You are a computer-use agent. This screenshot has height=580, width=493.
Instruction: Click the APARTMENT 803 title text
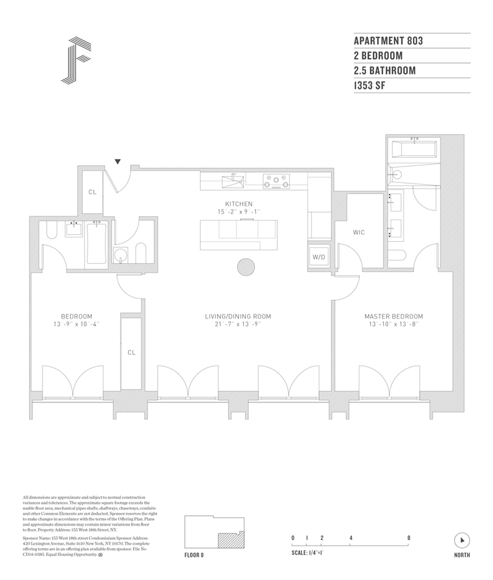pyautogui.click(x=388, y=41)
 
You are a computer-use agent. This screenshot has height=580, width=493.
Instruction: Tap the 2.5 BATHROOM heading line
pyautogui.click(x=385, y=71)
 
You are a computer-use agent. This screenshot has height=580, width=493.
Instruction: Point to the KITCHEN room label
pyautogui.click(x=238, y=204)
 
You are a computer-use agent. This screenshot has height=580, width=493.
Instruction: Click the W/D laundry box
pyautogui.click(x=319, y=256)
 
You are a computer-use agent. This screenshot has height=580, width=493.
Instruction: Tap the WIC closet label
pyautogui.click(x=359, y=233)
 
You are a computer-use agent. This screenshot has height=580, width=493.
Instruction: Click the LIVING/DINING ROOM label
pyautogui.click(x=238, y=317)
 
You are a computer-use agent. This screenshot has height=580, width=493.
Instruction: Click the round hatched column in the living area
pyautogui.click(x=246, y=268)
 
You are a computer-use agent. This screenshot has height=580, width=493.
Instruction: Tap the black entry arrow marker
pyautogui.click(x=118, y=162)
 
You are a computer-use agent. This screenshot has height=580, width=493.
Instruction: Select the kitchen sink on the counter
pyautogui.click(x=232, y=180)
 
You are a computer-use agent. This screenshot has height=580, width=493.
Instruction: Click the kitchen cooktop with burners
pyautogui.click(x=277, y=180)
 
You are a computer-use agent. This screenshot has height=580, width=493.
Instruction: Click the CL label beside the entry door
pyautogui.click(x=92, y=192)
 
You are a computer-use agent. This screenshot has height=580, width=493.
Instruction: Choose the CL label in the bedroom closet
pyautogui.click(x=131, y=353)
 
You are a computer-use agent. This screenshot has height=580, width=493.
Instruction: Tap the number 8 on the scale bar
pyautogui.click(x=409, y=537)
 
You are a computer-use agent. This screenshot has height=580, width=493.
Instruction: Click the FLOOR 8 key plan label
pyautogui.click(x=194, y=555)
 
